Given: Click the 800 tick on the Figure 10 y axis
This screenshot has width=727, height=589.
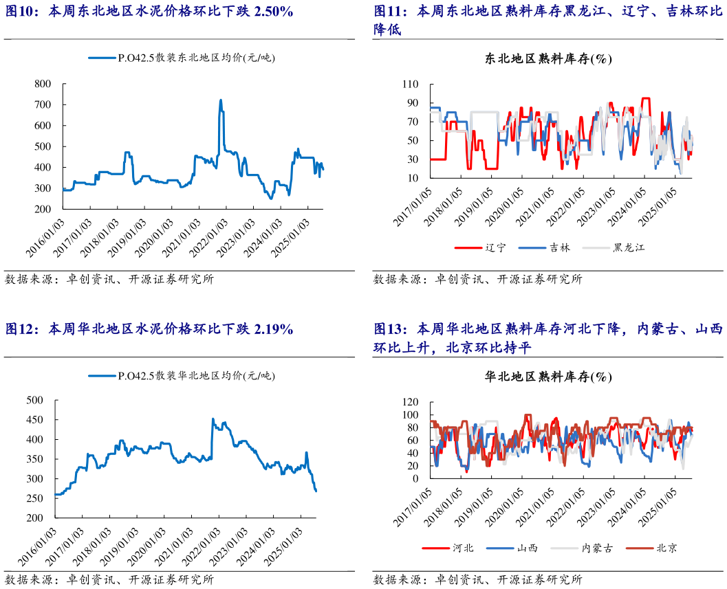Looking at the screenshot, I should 43,84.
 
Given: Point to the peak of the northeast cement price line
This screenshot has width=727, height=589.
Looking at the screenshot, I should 221,100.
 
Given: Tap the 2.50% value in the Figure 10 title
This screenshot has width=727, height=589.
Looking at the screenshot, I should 271,12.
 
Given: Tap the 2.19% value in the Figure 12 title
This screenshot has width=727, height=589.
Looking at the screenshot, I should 272,330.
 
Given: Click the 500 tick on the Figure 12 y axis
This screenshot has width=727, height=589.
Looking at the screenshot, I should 34,400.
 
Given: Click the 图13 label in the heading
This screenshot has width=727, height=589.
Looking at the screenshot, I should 390,330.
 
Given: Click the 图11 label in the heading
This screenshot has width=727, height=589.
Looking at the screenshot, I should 390,12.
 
